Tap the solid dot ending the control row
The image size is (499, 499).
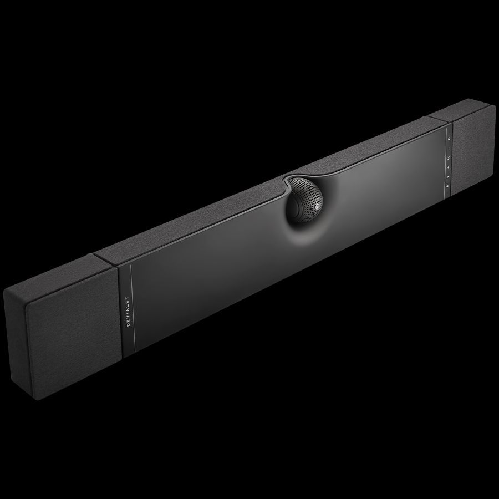pyautogui.click(x=448, y=186)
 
